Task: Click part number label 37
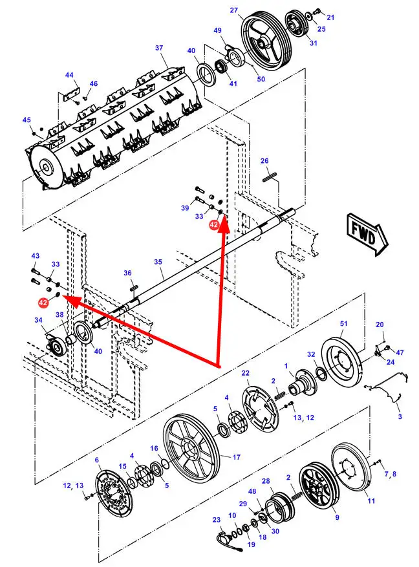pos(158,48)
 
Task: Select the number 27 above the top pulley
pos(234,10)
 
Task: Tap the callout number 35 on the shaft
pos(158,262)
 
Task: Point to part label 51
pos(343,323)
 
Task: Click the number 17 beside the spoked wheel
pos(236,457)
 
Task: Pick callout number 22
pos(245,374)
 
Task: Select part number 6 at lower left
pos(97,460)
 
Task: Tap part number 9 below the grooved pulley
pos(336,517)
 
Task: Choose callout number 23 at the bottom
pos(216,520)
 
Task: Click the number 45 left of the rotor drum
pos(27,120)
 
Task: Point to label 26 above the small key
pos(264,160)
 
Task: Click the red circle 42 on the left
pos(43,302)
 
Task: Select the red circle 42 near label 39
pos(213,225)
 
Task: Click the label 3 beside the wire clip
pos(399,417)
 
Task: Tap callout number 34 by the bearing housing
pos(38,320)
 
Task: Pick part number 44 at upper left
pos(69,75)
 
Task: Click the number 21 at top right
pos(330,17)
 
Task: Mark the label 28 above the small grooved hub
pos(265,482)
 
